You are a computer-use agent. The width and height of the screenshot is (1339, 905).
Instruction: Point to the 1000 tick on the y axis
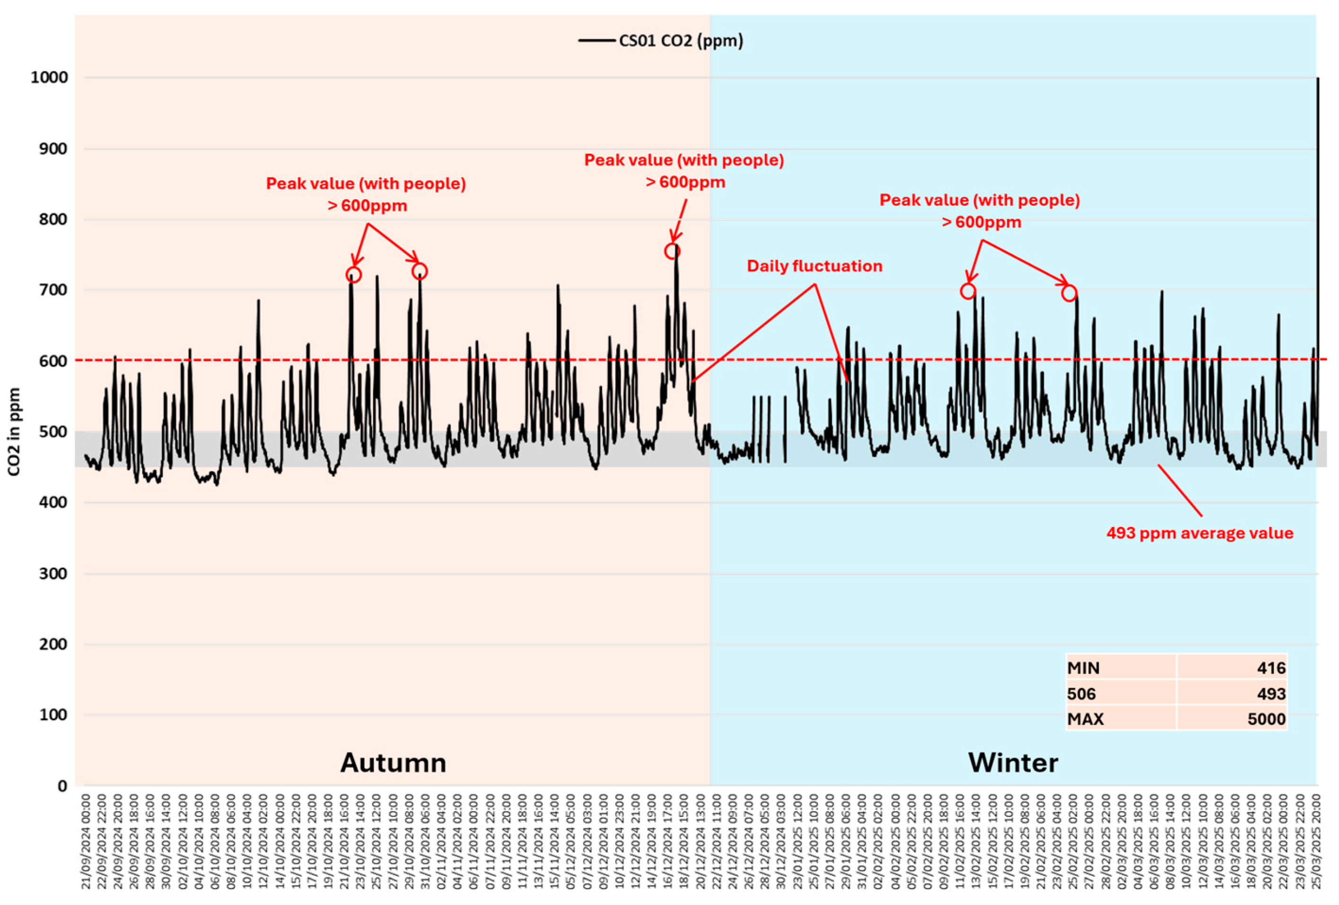[49, 77]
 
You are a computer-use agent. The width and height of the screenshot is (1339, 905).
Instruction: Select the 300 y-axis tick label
[53, 573]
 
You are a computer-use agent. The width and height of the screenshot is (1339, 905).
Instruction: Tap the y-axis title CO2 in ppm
[14, 431]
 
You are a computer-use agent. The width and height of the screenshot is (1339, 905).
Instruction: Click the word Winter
[1013, 763]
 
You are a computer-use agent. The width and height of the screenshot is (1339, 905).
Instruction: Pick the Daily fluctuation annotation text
[814, 266]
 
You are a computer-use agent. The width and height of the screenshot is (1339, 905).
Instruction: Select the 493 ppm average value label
[1199, 533]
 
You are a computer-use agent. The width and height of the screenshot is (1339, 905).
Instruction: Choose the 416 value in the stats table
[1271, 668]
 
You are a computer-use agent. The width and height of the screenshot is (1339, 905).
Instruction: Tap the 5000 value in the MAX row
[1267, 719]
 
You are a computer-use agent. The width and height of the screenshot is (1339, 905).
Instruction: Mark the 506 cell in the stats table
[1082, 694]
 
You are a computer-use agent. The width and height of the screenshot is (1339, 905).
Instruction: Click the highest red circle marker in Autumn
[672, 251]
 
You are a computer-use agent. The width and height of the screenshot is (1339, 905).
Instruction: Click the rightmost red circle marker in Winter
[1069, 293]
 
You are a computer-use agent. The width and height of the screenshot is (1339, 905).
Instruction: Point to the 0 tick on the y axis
[62, 786]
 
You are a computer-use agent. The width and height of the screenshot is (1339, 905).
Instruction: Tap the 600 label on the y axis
[53, 360]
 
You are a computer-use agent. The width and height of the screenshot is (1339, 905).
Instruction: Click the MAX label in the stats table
[1085, 719]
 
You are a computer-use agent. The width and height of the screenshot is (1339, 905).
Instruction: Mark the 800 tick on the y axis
[53, 219]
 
